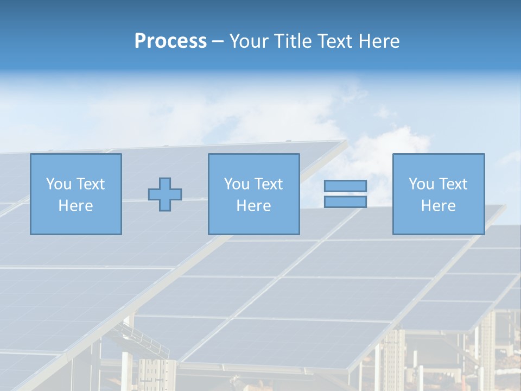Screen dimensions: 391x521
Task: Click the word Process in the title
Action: pyautogui.click(x=170, y=41)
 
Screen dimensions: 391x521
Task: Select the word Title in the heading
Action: pyautogui.click(x=293, y=41)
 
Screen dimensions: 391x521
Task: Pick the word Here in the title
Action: pyautogui.click(x=380, y=41)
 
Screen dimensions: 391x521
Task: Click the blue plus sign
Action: pyautogui.click(x=165, y=194)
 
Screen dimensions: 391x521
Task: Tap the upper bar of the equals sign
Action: pyautogui.click(x=345, y=186)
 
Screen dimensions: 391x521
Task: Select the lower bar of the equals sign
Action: pyautogui.click(x=345, y=202)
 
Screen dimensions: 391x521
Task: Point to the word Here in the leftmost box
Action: pyautogui.click(x=75, y=206)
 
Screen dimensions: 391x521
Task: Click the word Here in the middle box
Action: pyautogui.click(x=253, y=206)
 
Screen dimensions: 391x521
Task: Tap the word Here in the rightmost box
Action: pyautogui.click(x=438, y=206)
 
